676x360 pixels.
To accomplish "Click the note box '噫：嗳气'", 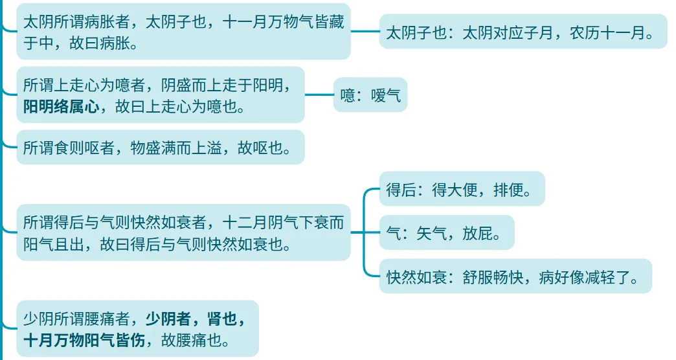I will (x=370, y=96).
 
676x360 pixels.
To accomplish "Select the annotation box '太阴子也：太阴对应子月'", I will (x=523, y=32).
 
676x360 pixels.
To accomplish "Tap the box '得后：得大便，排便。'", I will (x=462, y=189).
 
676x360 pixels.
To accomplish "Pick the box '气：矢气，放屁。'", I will (x=446, y=232).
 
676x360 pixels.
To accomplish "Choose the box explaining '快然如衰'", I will (x=515, y=276).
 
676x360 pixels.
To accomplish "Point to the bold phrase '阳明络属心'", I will (x=61, y=107).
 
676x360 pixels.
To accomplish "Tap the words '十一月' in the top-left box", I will (x=245, y=23).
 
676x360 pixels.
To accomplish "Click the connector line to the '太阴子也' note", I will (x=365, y=31).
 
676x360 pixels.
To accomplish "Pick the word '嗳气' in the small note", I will (x=386, y=96).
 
